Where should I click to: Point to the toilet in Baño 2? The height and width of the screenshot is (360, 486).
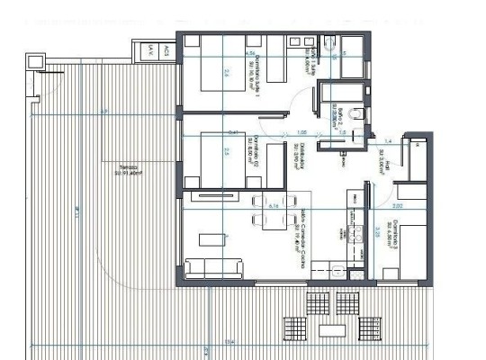(357, 111)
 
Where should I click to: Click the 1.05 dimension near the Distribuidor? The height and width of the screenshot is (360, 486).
(302, 132)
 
